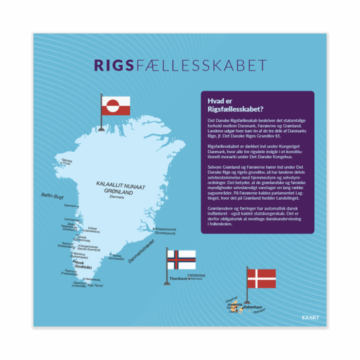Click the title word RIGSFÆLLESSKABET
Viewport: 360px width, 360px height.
click(x=180, y=66)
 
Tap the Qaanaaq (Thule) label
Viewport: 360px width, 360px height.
click(x=67, y=161)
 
